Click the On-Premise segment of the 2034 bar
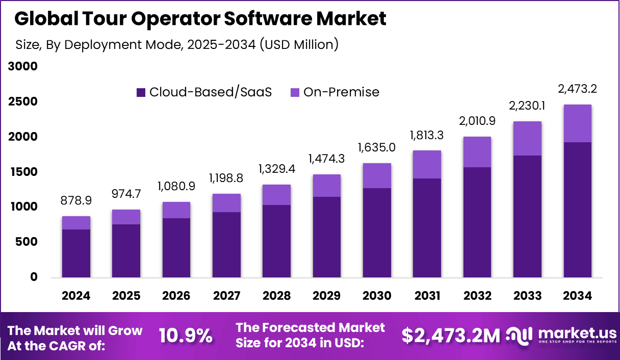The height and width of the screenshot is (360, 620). [577, 123]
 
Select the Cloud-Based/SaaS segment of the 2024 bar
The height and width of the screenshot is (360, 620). [76, 253]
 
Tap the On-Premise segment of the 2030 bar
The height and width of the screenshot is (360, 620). [377, 176]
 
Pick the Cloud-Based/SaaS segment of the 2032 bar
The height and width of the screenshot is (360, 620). [477, 222]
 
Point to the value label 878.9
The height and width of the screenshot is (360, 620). [76, 201]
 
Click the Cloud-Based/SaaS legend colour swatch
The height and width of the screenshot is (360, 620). [141, 92]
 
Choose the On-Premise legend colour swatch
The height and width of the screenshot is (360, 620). [295, 92]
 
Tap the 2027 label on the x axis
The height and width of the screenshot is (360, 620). [226, 296]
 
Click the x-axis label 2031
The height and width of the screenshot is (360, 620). [427, 296]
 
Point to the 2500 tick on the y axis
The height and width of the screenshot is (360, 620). [22, 101]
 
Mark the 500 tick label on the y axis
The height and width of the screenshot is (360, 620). [27, 242]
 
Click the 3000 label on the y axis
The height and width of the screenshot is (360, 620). [22, 66]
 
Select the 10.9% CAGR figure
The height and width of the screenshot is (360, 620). [186, 336]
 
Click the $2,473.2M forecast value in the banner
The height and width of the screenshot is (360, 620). [451, 336]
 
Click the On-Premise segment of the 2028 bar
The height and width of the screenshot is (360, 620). [276, 195]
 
